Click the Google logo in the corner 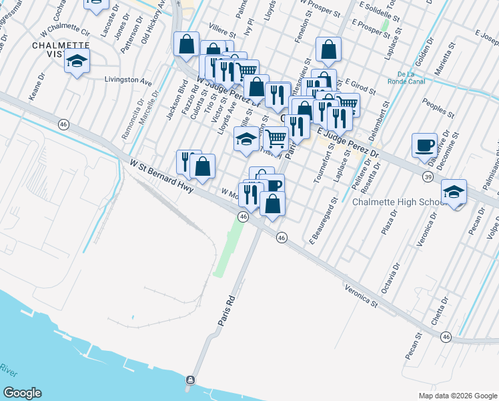pos(23,393)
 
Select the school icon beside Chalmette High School pos(454,193)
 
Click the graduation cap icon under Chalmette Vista pos(77,62)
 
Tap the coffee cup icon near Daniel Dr pos(425,145)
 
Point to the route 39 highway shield pos(427,176)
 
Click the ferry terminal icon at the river pos(191,380)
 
